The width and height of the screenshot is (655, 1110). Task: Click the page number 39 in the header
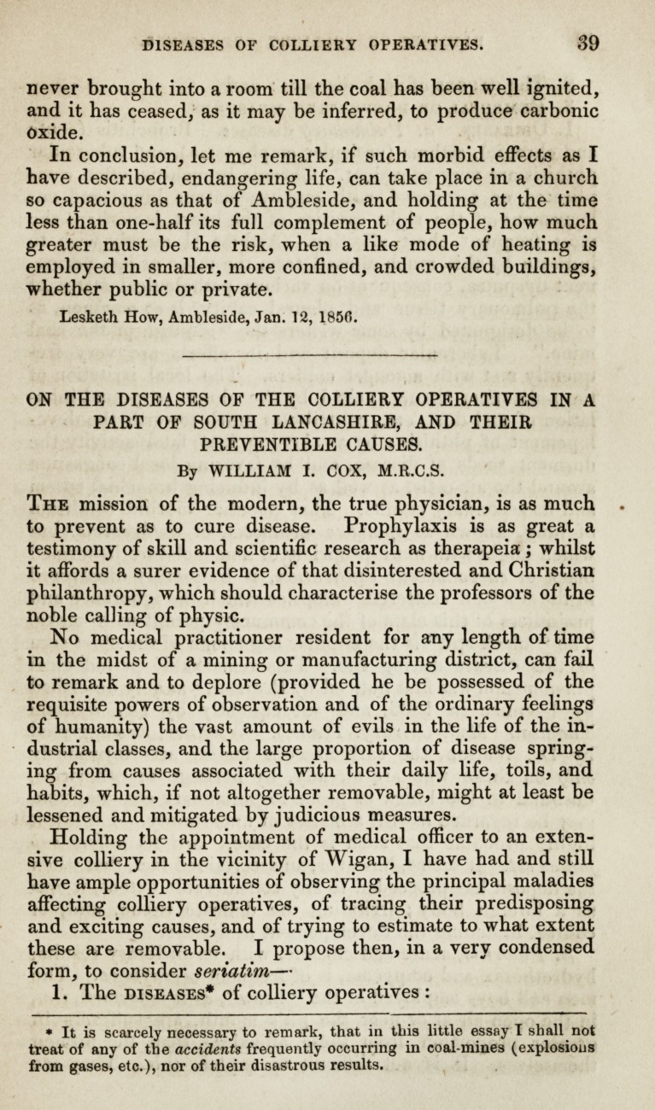587,42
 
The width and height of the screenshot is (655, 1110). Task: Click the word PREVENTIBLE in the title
281,444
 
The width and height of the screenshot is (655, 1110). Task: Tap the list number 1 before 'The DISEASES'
58,993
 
